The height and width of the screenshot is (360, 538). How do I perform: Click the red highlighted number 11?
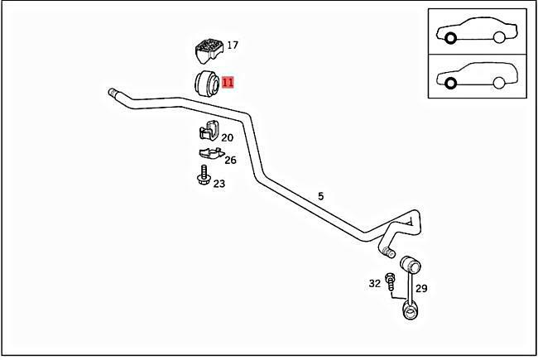coord(228,83)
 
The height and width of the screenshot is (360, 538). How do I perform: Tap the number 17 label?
coord(233,45)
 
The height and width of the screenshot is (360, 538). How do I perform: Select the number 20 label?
coord(227,137)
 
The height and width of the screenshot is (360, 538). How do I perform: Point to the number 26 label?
coord(231,160)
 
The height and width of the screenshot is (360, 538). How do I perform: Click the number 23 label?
coord(219,184)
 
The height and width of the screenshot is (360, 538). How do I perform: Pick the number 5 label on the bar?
coord(321,196)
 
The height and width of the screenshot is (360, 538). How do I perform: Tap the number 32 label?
coord(375,284)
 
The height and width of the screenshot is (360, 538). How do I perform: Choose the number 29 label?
coord(421,288)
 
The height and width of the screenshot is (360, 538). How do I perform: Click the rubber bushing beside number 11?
coord(207,84)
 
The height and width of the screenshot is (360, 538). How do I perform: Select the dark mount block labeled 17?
coord(209,50)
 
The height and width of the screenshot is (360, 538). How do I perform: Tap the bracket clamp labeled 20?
coord(209,130)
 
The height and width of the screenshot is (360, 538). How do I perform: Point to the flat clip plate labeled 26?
coord(211,153)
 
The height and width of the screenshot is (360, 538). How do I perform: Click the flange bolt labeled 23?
coord(204,175)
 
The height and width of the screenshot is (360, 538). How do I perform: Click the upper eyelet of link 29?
coord(410,264)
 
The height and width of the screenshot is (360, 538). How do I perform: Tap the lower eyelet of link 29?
coord(410,310)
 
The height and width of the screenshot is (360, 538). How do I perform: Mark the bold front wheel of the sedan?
coord(450,38)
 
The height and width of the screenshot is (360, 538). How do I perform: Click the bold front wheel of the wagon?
coord(450,83)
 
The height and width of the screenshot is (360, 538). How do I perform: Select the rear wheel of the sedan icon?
coord(499,37)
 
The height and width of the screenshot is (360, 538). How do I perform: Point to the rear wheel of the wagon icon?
coord(499,83)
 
